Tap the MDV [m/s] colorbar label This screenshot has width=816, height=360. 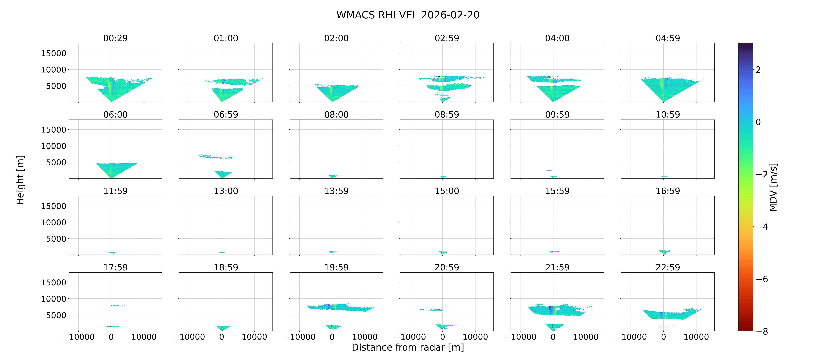coord(773,187)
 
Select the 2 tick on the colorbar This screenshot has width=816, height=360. coord(758,70)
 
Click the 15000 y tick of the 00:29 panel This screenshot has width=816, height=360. coord(54,53)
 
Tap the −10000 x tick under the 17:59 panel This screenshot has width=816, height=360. coord(79,337)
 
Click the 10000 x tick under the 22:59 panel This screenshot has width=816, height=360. coord(696,337)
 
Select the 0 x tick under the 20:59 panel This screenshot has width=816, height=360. coord(443,337)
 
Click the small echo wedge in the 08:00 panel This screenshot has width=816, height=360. coord(333,176)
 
